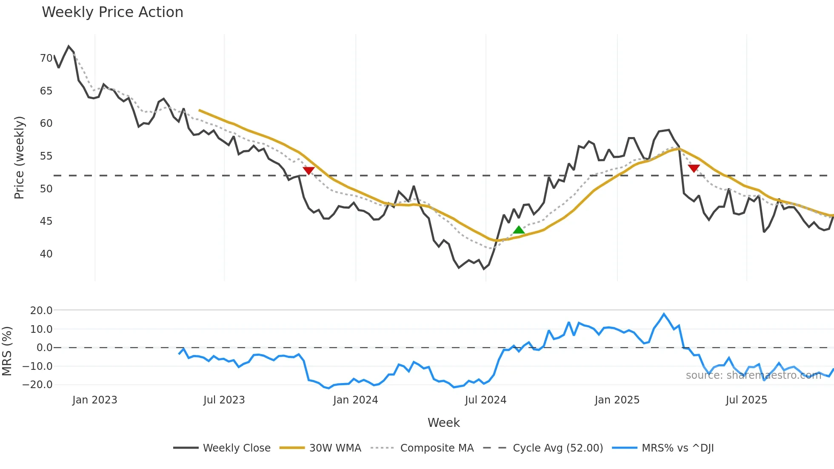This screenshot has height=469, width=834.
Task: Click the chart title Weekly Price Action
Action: [x=112, y=12]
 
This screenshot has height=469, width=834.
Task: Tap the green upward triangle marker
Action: [x=519, y=230]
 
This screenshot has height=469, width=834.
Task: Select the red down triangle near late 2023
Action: [x=308, y=171]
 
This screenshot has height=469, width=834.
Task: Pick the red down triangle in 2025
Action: [x=694, y=169]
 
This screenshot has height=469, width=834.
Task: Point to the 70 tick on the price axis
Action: [x=46, y=58]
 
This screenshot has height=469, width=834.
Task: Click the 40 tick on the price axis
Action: [x=46, y=254]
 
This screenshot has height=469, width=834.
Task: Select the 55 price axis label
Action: [x=46, y=156]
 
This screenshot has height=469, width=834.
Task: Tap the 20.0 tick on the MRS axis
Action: [x=41, y=311]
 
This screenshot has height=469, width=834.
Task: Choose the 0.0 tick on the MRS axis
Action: [x=44, y=348]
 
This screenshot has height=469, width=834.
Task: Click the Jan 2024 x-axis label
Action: [x=355, y=400]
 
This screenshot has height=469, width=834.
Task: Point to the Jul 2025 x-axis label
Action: [x=746, y=400]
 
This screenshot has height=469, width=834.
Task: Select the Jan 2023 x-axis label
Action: [x=94, y=400]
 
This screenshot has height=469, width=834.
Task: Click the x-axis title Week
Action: [x=443, y=423]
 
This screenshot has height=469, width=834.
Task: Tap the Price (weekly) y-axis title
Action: [x=20, y=157]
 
